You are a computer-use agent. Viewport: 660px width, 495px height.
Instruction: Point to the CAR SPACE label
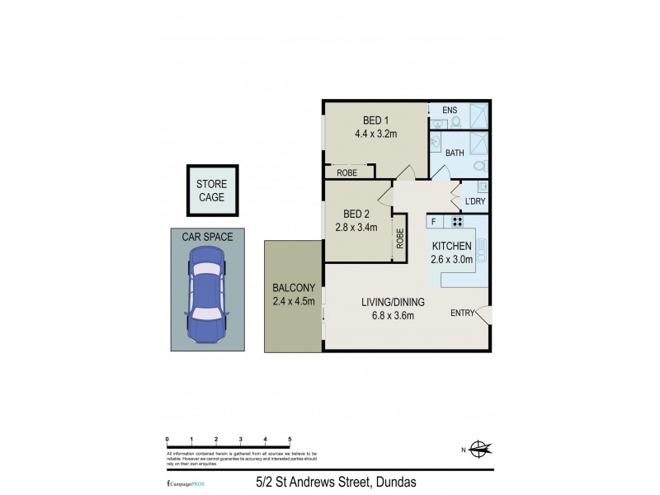point(207,237)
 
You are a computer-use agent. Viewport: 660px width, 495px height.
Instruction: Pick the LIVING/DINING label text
point(387,302)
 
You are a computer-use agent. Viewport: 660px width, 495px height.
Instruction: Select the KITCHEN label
point(452,246)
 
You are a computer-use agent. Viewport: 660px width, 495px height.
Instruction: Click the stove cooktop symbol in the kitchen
point(456,222)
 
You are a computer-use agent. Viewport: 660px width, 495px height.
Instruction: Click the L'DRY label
point(475,202)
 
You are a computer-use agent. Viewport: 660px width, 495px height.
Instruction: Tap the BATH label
point(455,153)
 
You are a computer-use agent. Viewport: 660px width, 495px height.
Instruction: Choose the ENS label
point(449,110)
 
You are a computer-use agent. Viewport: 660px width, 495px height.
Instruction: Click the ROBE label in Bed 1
point(346,172)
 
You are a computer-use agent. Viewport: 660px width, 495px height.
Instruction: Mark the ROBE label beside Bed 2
point(400,239)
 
